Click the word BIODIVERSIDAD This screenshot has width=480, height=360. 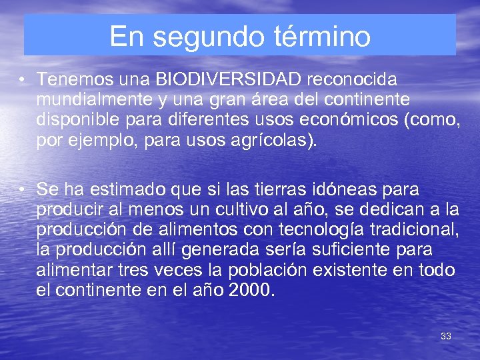click(x=229, y=80)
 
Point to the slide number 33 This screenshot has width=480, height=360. click(x=446, y=336)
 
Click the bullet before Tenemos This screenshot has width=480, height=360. click(x=23, y=80)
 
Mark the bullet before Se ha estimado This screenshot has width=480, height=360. click(x=23, y=189)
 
